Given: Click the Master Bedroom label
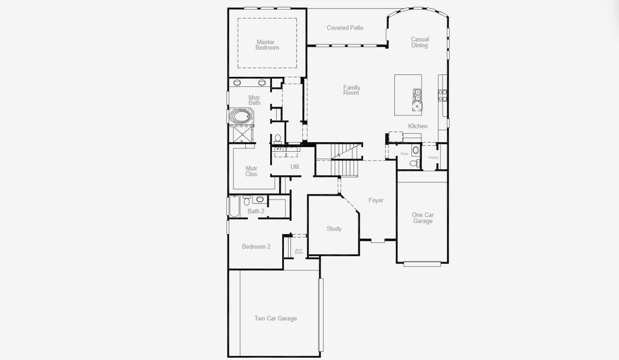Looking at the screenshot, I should pos(267,45).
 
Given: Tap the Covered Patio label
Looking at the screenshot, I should pos(345,28).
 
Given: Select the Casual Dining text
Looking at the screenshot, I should pos(420,43).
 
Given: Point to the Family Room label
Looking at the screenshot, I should pos(351,90).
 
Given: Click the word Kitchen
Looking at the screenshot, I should pos(418,126).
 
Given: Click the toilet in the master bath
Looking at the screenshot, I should pos(277,139).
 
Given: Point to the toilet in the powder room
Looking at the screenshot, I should pos(414,163).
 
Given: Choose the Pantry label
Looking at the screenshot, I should pos(433,158).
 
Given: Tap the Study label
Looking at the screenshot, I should pos(334,229).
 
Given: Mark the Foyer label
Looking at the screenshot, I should pos(376,200).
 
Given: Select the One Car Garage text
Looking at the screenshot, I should pos(422,218).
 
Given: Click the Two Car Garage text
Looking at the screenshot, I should pos(276,319).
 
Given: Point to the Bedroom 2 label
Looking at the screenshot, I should pos(256,247).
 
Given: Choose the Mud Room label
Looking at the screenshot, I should pos(298,251).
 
